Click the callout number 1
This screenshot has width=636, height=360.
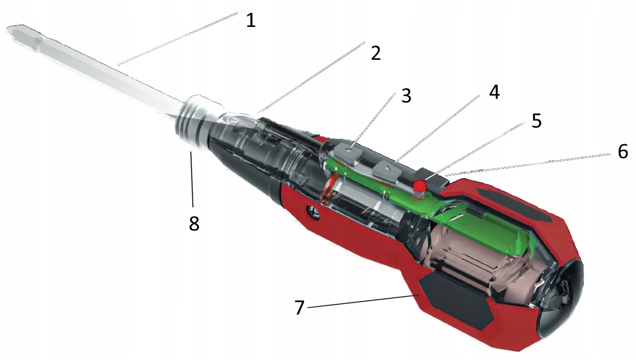[x=251, y=20]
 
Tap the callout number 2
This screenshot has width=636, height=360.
[x=375, y=53]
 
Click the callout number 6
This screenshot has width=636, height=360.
[x=623, y=151]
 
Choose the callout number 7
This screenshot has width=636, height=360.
[x=299, y=307]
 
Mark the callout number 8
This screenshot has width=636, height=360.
[x=194, y=223]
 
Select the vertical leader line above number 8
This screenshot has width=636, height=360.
[x=192, y=179]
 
